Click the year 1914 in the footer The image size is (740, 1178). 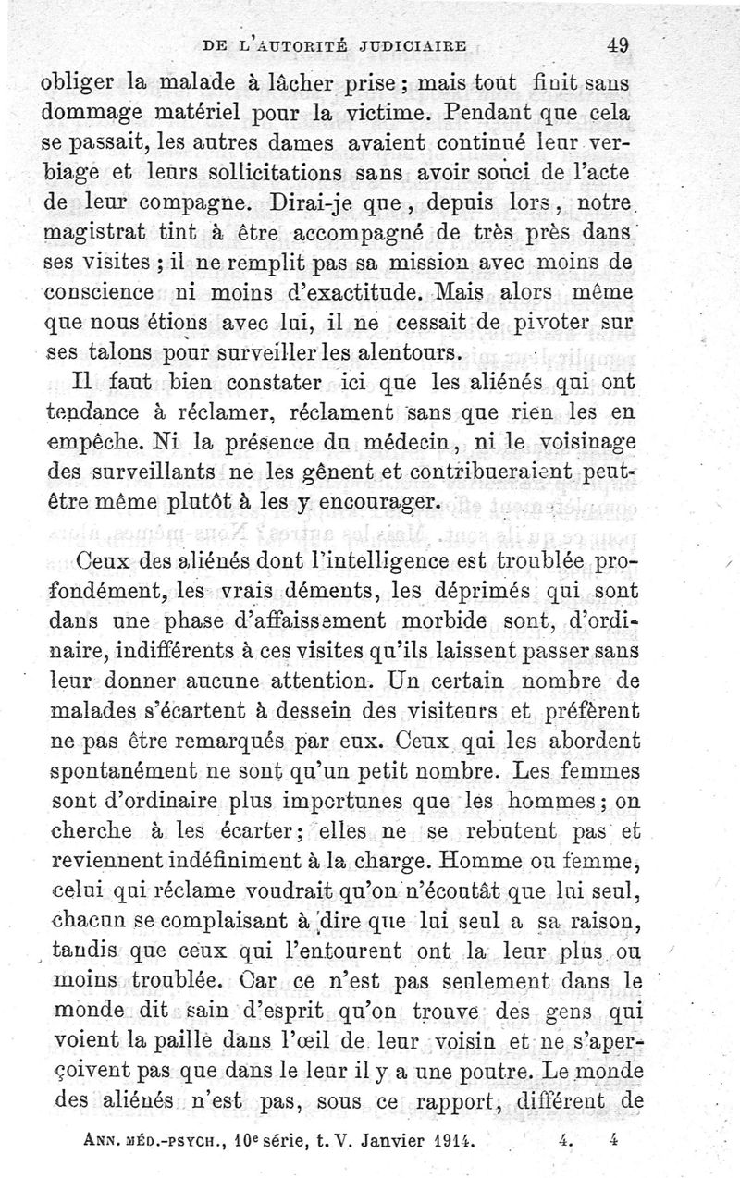pyautogui.click(x=453, y=1141)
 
